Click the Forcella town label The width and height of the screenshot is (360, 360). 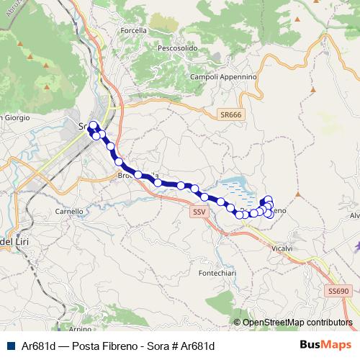coord(135,30)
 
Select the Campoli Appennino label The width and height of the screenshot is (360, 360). coord(222,76)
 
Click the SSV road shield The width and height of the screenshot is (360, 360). coord(199,212)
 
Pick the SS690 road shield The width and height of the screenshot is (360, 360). coord(338,291)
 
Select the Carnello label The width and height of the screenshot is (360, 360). coord(70,212)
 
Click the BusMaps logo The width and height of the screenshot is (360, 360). coord(325,345)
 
